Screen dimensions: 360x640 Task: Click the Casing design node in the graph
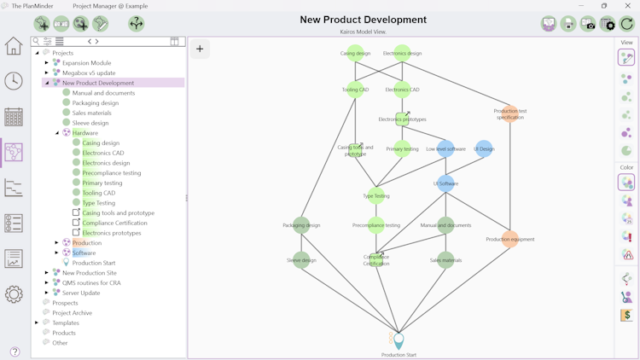point(355,53)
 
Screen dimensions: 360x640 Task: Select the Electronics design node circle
point(402,53)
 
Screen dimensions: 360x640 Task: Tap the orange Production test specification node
point(510,113)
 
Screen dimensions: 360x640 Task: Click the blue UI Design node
point(484,148)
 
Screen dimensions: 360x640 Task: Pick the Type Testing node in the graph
point(376,195)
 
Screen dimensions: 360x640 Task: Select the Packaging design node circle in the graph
point(301,225)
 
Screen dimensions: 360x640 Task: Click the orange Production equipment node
point(510,239)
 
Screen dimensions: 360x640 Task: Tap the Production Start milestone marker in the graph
point(399,341)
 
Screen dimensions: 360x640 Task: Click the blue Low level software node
point(445,148)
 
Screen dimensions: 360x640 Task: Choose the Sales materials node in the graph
point(445,260)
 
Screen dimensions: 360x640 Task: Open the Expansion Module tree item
point(86,63)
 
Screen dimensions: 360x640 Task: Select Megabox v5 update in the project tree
point(89,73)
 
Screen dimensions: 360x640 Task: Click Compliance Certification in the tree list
point(114,223)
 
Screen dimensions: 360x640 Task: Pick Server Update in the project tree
point(82,293)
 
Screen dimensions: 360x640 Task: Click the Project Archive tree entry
point(72,313)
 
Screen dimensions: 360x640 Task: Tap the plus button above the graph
point(200,49)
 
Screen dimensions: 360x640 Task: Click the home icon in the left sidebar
point(14,46)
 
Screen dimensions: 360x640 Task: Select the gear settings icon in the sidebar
point(14,294)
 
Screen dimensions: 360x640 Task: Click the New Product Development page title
point(364,20)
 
